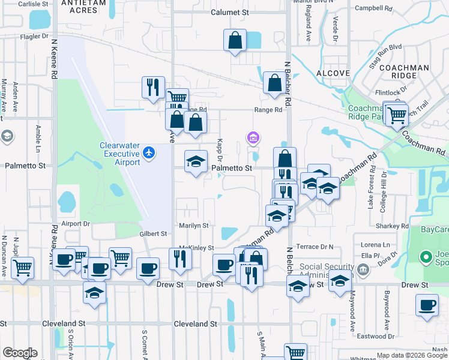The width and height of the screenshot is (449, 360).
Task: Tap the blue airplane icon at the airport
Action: [150, 154]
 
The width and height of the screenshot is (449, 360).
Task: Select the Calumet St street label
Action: [229, 12]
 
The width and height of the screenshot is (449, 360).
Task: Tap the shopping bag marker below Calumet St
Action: [235, 41]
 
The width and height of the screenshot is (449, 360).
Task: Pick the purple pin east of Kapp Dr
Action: [253, 139]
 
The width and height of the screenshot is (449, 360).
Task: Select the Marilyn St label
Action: [193, 226]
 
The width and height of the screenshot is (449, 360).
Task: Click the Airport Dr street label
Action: [75, 223]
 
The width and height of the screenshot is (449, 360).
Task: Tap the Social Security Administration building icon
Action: [363, 269]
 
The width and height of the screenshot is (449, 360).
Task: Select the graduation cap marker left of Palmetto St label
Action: [195, 161]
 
